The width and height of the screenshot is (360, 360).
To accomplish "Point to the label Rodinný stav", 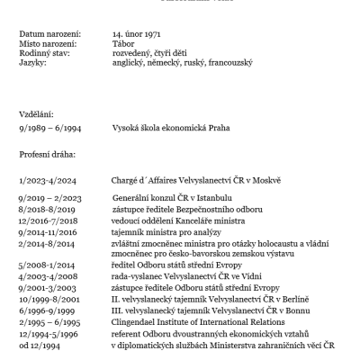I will pos(42,53).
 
